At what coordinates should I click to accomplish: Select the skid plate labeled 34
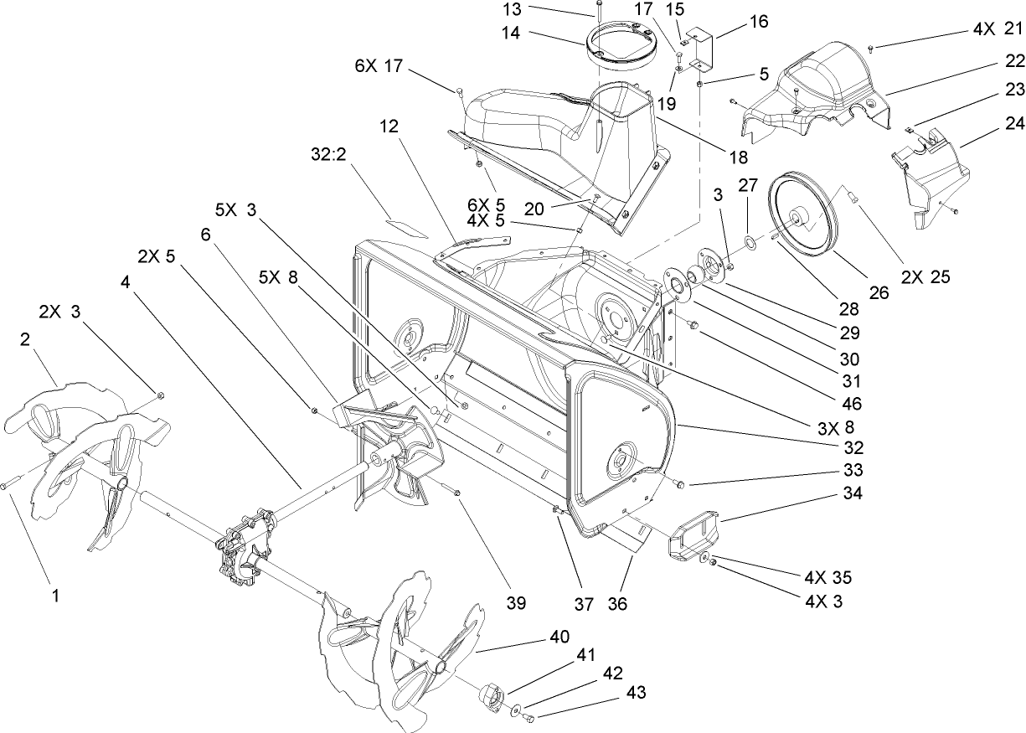click(x=693, y=534)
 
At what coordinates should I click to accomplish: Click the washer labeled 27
click(x=751, y=244)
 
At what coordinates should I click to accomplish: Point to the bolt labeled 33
click(x=677, y=483)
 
